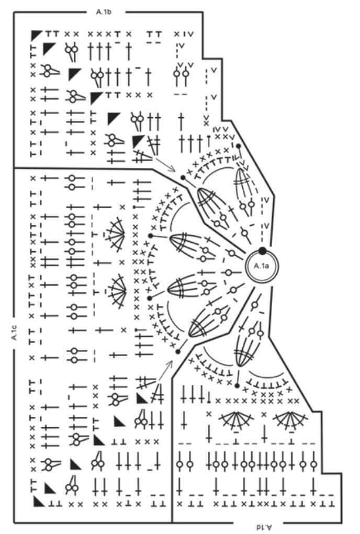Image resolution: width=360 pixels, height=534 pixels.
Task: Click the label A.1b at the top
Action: (x=104, y=12)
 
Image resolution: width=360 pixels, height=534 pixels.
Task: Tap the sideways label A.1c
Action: (x=14, y=333)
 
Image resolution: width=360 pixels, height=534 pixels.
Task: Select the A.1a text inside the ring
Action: (x=261, y=266)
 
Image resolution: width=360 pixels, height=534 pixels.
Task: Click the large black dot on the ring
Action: (x=262, y=251)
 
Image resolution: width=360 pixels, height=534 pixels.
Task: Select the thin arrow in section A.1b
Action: (x=164, y=164)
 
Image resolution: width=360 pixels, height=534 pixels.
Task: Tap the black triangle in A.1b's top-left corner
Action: (x=36, y=34)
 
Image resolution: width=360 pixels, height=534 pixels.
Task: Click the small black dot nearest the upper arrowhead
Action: (x=183, y=177)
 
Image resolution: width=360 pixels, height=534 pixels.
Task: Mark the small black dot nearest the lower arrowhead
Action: (x=177, y=352)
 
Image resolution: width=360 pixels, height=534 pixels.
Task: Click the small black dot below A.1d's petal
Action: (x=237, y=386)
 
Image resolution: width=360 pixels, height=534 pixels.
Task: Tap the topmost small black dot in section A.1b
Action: (x=239, y=146)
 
